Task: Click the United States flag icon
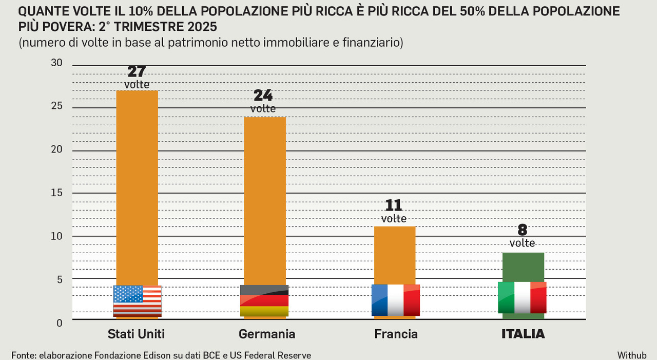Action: coord(137,301)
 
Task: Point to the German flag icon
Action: coord(264,300)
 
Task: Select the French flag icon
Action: coord(395,300)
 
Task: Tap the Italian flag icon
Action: coord(522,297)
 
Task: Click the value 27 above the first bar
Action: coord(137,71)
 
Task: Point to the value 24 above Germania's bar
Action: coord(263,96)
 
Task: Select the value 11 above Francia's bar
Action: coord(394,205)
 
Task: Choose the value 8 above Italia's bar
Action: coord(523,230)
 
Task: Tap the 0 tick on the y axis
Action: coord(59,323)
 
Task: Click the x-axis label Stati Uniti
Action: coord(136,334)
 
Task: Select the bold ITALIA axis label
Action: coord(523,334)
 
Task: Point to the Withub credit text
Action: coord(631,355)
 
